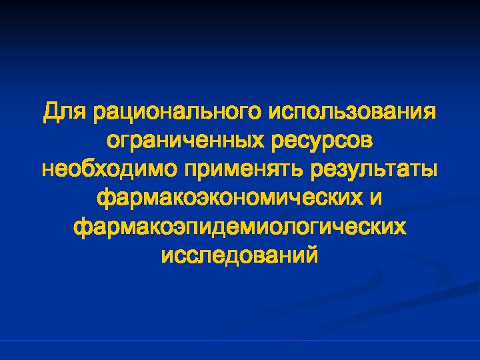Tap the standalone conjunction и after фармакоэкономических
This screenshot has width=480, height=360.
(x=377, y=197)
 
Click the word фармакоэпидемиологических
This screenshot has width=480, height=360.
(x=240, y=227)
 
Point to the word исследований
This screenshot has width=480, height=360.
(x=240, y=255)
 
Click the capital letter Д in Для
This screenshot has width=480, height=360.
(x=51, y=111)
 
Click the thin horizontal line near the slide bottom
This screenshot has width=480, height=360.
(x=240, y=341)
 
